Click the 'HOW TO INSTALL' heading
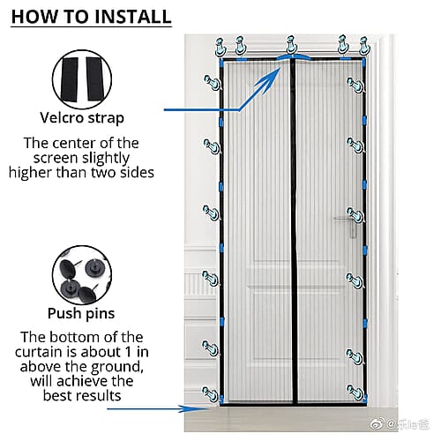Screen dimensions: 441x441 pyautogui.click(x=91, y=17)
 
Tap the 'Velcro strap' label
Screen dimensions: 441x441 pyautogui.click(x=82, y=118)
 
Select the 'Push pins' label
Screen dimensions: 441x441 pyautogui.click(x=81, y=313)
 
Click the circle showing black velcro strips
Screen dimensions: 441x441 pyautogui.click(x=82, y=79)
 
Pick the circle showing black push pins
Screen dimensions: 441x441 pyautogui.click(x=82, y=275)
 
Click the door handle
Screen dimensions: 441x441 pyautogui.click(x=347, y=222)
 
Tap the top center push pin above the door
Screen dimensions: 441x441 pyautogui.click(x=291, y=45)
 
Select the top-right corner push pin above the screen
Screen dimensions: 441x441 pyautogui.click(x=364, y=46)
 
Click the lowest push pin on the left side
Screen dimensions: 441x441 pyautogui.click(x=211, y=394)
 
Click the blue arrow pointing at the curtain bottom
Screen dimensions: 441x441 pyautogui.click(x=157, y=408)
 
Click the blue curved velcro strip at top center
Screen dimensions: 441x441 pyautogui.click(x=293, y=57)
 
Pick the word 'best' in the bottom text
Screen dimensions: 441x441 pyautogui.click(x=58, y=395)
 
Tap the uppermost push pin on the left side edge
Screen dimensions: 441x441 pyautogui.click(x=213, y=83)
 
